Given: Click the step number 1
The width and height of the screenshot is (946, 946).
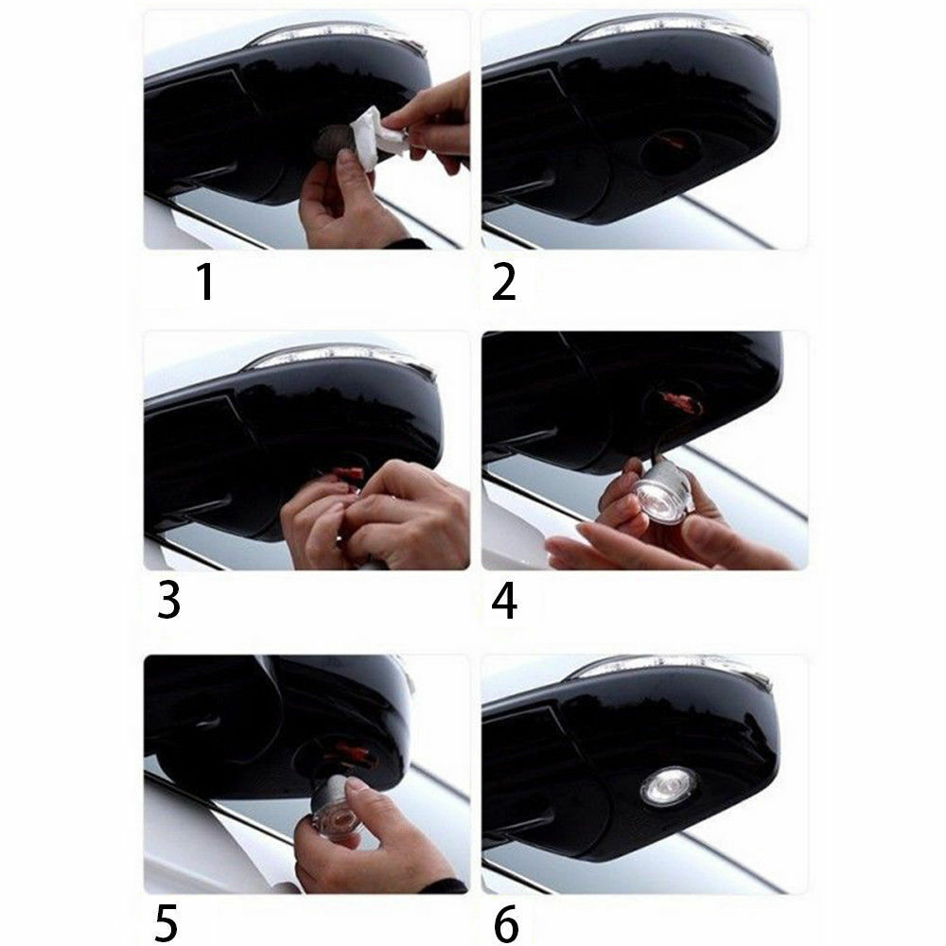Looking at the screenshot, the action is [x=206, y=281].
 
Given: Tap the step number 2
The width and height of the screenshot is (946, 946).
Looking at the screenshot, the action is [x=504, y=281].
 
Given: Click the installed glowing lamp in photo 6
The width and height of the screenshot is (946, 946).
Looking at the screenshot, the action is [x=668, y=785].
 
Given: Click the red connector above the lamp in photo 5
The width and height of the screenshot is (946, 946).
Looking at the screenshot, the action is [x=352, y=752].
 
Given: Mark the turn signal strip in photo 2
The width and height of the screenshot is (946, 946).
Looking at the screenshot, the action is [x=669, y=29].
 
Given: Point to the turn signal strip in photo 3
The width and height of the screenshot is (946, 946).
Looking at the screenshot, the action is [x=341, y=356].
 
